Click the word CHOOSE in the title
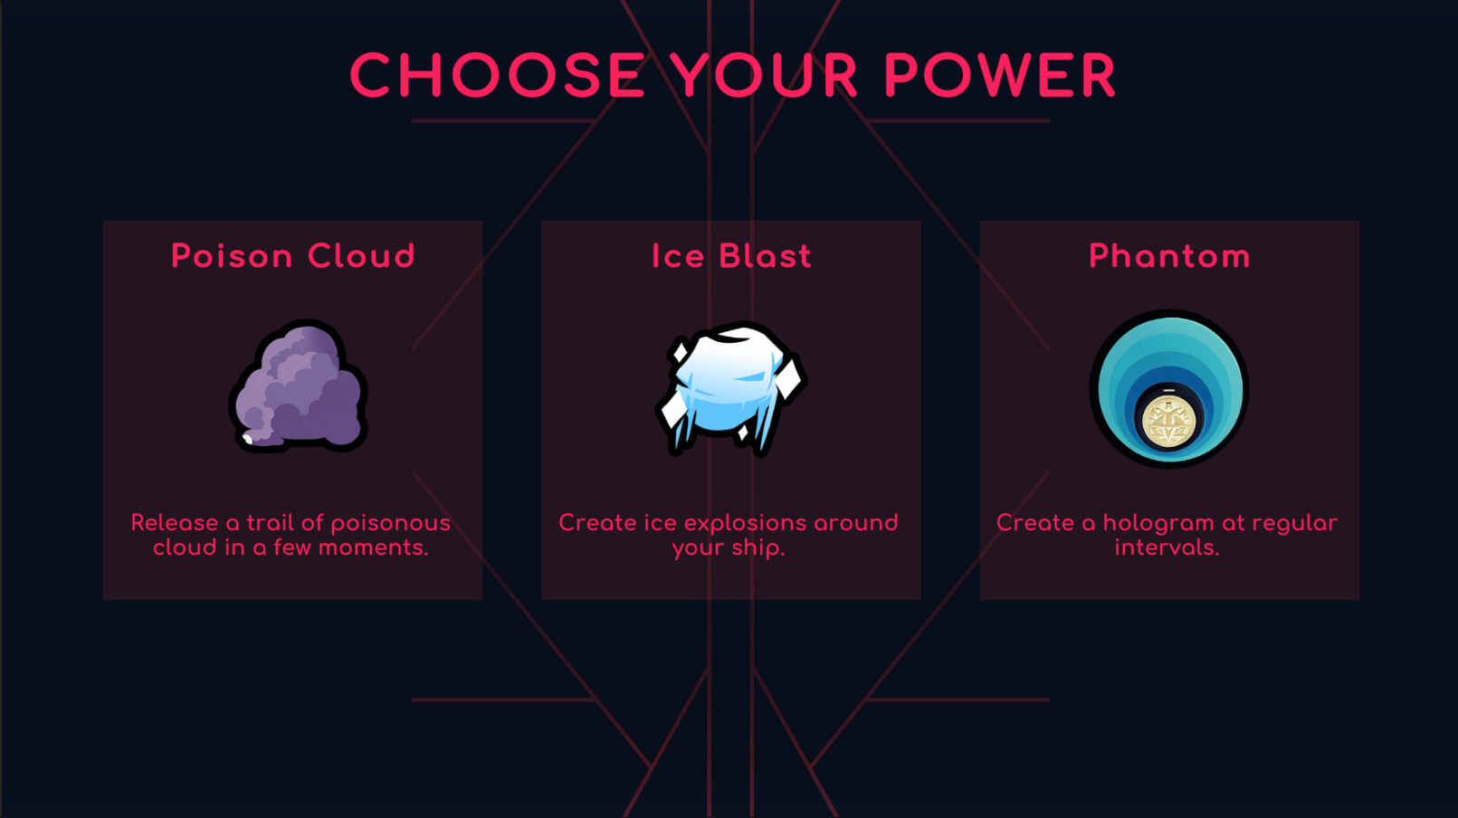pos(498,75)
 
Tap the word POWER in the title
pos(1000,75)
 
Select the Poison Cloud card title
pos(293,256)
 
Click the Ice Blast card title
pos(731,256)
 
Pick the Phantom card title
pos(1169,256)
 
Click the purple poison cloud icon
pos(298,386)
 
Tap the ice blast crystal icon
pos(731,388)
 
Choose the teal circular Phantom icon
pos(1169,388)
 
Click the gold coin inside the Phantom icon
pos(1169,422)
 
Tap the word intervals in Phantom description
pos(1167,548)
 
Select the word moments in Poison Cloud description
pos(373,548)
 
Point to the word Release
pos(175,523)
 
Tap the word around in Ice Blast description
pos(856,523)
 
